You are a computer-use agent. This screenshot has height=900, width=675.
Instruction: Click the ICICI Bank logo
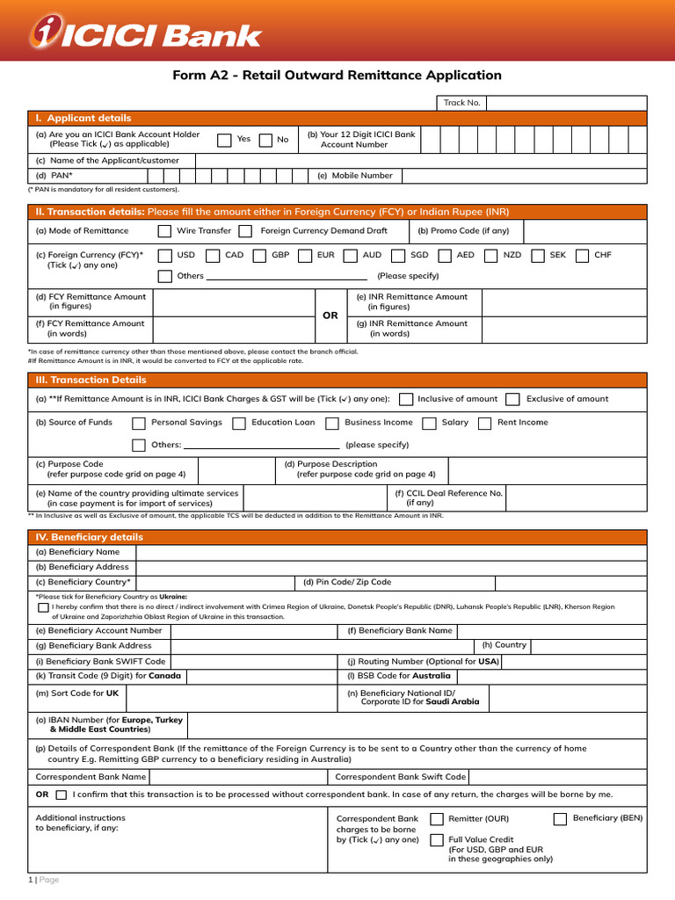[x=147, y=33]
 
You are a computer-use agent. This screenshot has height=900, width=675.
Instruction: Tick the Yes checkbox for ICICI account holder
[x=224, y=140]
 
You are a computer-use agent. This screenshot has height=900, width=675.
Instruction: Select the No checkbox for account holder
[x=265, y=140]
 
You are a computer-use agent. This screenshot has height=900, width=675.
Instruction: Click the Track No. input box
[x=566, y=103]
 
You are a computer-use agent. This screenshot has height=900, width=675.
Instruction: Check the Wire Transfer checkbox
[x=164, y=231]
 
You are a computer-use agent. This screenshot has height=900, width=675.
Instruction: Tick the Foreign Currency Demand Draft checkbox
[x=249, y=231]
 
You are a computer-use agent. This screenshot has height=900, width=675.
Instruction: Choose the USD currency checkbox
[x=164, y=256]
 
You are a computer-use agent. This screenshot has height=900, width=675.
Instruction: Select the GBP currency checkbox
[x=259, y=256]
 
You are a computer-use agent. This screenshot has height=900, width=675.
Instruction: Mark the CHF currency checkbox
[x=582, y=256]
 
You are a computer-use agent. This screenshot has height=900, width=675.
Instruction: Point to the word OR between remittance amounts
[x=330, y=316]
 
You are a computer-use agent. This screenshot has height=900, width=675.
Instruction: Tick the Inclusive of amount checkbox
[x=406, y=399]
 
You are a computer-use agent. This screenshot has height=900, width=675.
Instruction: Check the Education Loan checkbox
[x=239, y=423]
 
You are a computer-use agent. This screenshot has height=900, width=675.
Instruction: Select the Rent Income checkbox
[x=484, y=423]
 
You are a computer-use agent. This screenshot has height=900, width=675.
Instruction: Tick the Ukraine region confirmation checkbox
[x=43, y=606]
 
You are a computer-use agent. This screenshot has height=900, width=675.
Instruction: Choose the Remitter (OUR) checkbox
[x=437, y=819]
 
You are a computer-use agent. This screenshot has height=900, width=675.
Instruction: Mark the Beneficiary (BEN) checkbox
[x=560, y=819]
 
